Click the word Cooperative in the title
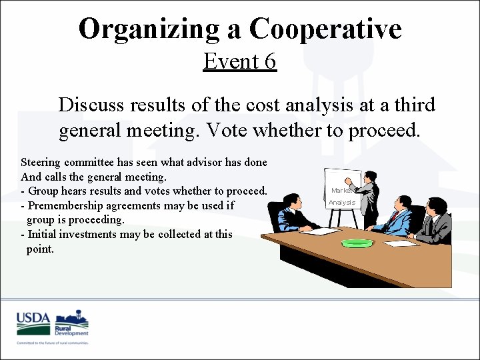[x=325, y=29]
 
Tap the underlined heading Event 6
[x=239, y=61]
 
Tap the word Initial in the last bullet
[x=42, y=234]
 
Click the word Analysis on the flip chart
[x=342, y=203]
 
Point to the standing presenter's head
[x=370, y=177]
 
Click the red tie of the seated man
[x=394, y=217]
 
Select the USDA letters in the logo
[x=33, y=317]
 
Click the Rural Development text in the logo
[x=72, y=331]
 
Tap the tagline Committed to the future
[x=53, y=343]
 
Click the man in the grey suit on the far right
[x=437, y=220]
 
